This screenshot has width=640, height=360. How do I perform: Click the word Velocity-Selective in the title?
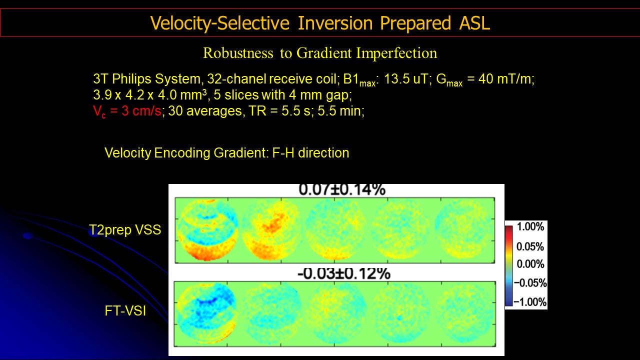(219, 23)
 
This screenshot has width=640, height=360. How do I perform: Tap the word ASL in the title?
(474, 23)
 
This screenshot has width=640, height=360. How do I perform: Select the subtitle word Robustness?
(238, 53)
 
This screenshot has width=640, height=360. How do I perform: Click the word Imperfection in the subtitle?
(396, 53)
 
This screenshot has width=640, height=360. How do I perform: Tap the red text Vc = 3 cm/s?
(127, 111)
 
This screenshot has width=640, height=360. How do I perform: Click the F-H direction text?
(310, 153)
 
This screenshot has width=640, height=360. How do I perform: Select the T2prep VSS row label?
(125, 229)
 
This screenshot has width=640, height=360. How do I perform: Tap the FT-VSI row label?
(125, 311)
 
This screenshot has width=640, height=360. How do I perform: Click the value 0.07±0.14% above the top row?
(342, 189)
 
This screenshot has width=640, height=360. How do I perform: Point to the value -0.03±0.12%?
(343, 273)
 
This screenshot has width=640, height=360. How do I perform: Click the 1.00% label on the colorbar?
(530, 227)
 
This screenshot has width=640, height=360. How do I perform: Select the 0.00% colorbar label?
(530, 263)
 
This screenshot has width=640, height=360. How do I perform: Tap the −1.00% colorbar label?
(530, 301)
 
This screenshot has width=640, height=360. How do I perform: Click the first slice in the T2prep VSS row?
(207, 230)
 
